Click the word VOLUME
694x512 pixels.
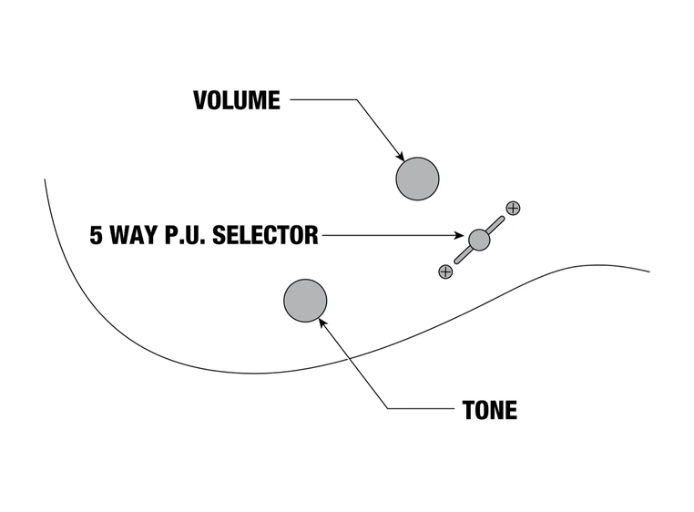tap(237, 100)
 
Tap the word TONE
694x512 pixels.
tap(490, 410)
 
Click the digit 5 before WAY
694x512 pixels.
tap(96, 236)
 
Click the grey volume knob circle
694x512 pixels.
tap(417, 179)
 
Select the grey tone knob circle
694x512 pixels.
tap(305, 301)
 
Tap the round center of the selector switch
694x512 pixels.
tap(479, 240)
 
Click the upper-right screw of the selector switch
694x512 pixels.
tap(513, 208)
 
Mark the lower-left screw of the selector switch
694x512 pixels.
tap(445, 271)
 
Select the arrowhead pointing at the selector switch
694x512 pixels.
tap(462, 237)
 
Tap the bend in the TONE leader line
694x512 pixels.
tap(389, 408)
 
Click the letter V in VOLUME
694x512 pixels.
tap(200, 100)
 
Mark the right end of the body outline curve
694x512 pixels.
tap(648, 271)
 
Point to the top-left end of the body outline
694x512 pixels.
tap(46, 180)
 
